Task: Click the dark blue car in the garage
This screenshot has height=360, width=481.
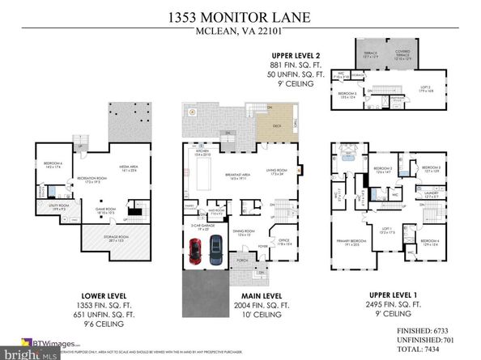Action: coord(215,250)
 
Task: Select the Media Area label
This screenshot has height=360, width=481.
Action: coord(130,170)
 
